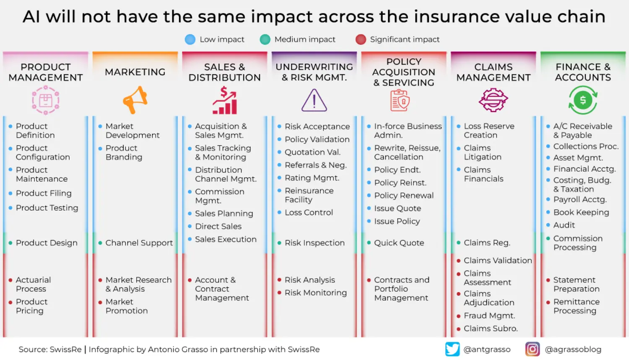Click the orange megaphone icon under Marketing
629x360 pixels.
(x=135, y=100)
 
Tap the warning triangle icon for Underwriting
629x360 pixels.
(x=314, y=100)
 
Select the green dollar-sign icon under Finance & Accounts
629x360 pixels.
(x=582, y=100)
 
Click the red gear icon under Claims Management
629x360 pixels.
(x=493, y=100)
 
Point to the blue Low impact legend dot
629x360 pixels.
(x=190, y=39)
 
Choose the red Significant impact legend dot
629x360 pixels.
(x=361, y=39)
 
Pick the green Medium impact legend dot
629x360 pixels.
(x=265, y=39)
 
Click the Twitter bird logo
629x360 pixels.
(x=452, y=349)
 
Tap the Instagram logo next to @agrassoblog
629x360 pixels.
(x=533, y=349)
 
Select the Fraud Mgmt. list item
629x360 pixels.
(x=489, y=316)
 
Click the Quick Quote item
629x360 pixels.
(x=399, y=243)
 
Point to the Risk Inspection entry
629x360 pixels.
(x=314, y=243)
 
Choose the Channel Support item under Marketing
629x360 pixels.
(x=139, y=243)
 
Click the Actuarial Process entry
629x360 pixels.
(x=33, y=284)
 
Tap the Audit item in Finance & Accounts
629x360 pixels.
(x=564, y=225)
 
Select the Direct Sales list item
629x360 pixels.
(x=218, y=227)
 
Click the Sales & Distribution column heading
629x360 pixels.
(x=224, y=72)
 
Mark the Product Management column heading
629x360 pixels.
(x=46, y=72)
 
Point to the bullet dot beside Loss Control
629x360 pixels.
(x=279, y=213)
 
